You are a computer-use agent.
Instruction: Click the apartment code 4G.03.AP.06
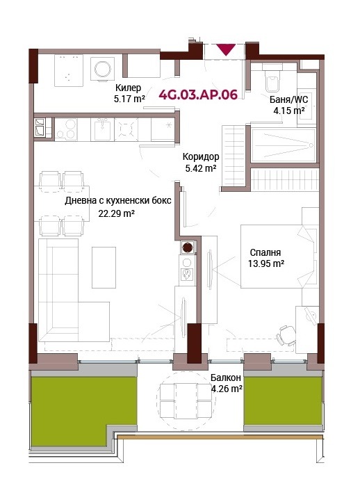[x=198, y=95]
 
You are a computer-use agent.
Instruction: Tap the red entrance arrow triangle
[x=226, y=49]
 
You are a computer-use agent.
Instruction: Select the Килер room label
[x=128, y=88]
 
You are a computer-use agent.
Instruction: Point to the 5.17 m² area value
[x=129, y=99]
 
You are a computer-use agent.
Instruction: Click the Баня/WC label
[x=288, y=99]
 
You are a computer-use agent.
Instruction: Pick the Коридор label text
[x=201, y=156]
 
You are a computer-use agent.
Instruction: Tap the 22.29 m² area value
[x=117, y=213]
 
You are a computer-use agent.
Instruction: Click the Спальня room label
[x=265, y=252]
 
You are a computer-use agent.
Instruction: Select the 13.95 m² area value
[x=266, y=263]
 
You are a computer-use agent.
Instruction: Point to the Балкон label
[x=226, y=378]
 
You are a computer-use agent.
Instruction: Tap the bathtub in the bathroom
[x=284, y=145]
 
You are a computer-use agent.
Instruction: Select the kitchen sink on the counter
[x=102, y=129]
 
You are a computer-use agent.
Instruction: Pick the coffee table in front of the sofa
[x=104, y=268]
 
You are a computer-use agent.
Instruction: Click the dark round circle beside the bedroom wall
[x=188, y=247]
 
